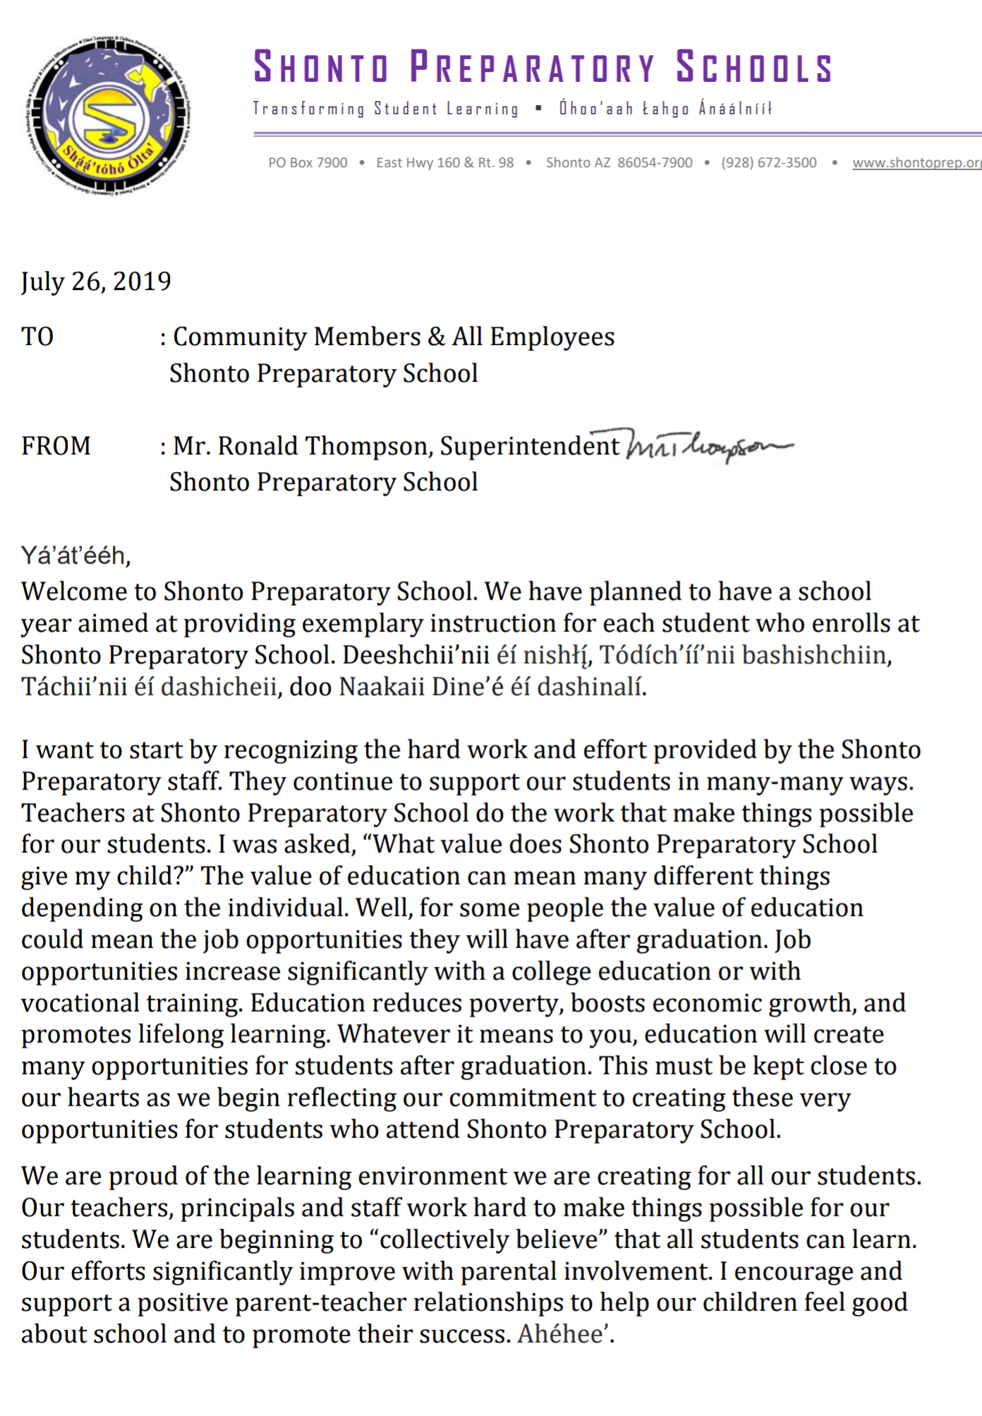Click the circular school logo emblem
coord(109,115)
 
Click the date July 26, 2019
coord(96,282)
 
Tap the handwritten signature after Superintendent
coord(708,446)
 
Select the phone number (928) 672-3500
coord(768,163)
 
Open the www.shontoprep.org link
coord(916,163)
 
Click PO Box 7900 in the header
coord(308,163)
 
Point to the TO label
coord(37,337)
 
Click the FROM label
coord(56,446)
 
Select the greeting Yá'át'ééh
coord(75,556)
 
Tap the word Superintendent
coord(529,446)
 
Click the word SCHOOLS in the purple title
coord(754,68)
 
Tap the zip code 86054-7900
coord(655,163)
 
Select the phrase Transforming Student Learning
coord(385,109)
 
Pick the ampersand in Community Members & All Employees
coord(437,337)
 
